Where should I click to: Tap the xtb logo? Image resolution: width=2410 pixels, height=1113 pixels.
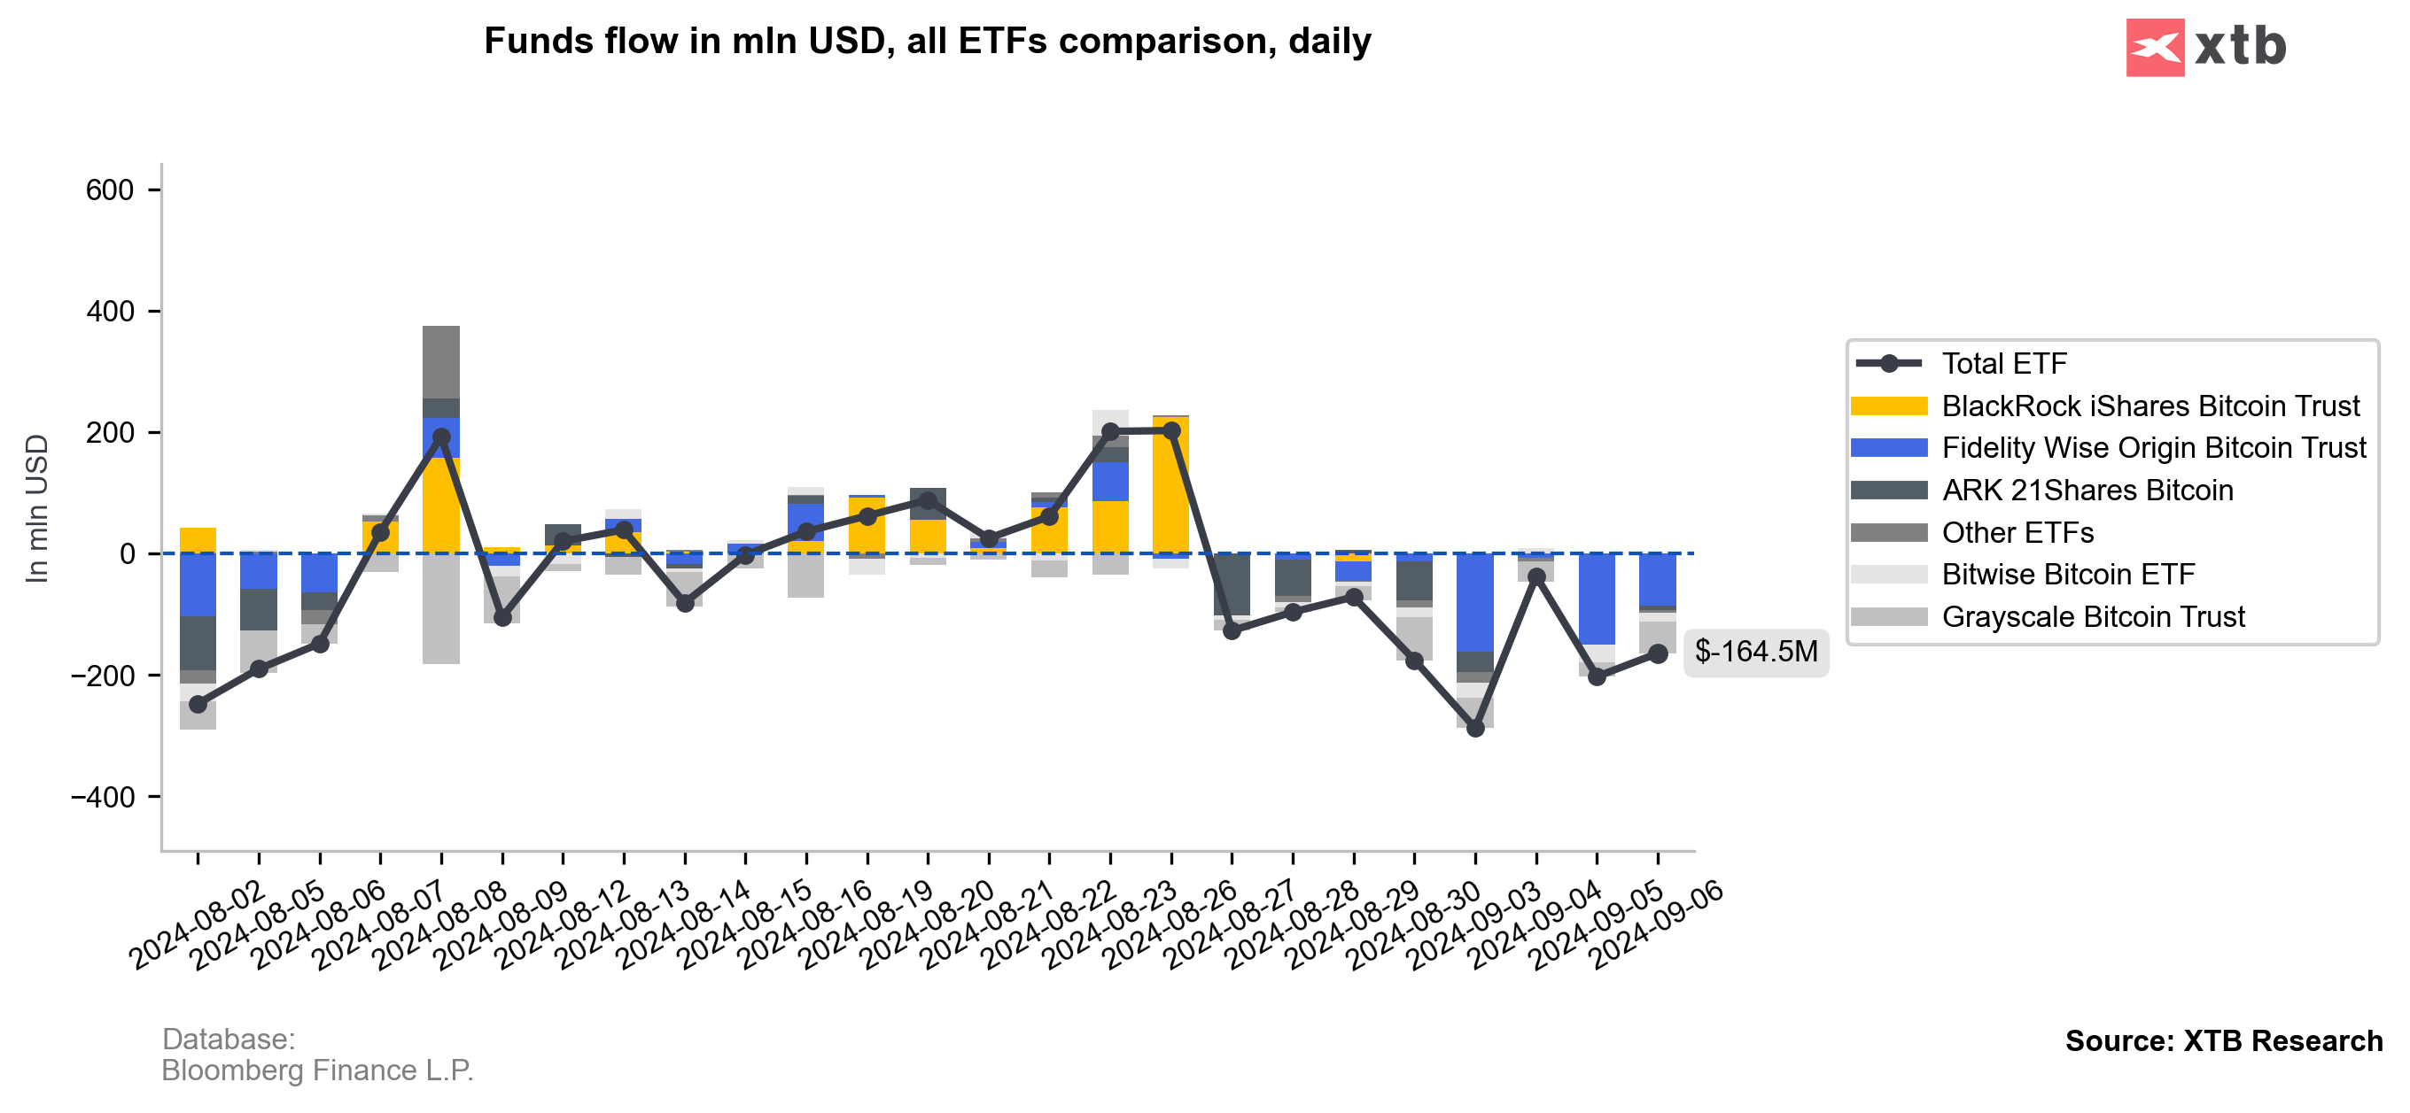click(2205, 47)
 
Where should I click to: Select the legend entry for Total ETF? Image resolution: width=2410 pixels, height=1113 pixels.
click(2003, 364)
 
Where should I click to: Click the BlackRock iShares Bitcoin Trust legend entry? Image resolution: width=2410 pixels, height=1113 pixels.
click(2150, 406)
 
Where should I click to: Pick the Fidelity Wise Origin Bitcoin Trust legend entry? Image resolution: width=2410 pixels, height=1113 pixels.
click(2153, 448)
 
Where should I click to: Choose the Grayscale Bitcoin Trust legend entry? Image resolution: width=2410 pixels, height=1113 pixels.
click(2092, 617)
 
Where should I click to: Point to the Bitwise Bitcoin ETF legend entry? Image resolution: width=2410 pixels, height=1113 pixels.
click(2068, 575)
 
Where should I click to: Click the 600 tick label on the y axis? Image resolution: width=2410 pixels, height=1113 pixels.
click(111, 190)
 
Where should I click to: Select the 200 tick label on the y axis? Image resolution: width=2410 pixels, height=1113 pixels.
click(111, 433)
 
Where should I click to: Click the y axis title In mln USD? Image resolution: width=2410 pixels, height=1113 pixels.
click(36, 509)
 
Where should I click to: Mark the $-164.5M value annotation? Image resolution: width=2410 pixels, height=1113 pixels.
click(1755, 652)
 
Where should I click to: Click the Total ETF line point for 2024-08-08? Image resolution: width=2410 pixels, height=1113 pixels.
click(441, 437)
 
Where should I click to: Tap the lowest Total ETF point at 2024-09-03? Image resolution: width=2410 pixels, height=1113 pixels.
click(1475, 729)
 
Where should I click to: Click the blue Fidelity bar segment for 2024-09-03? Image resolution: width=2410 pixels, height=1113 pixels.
click(1475, 602)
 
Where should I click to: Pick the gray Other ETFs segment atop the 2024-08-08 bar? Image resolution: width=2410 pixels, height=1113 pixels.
click(441, 363)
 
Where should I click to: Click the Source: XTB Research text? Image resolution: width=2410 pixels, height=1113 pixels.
click(2223, 1041)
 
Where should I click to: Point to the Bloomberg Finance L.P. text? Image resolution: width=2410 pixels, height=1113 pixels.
click(317, 1070)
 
